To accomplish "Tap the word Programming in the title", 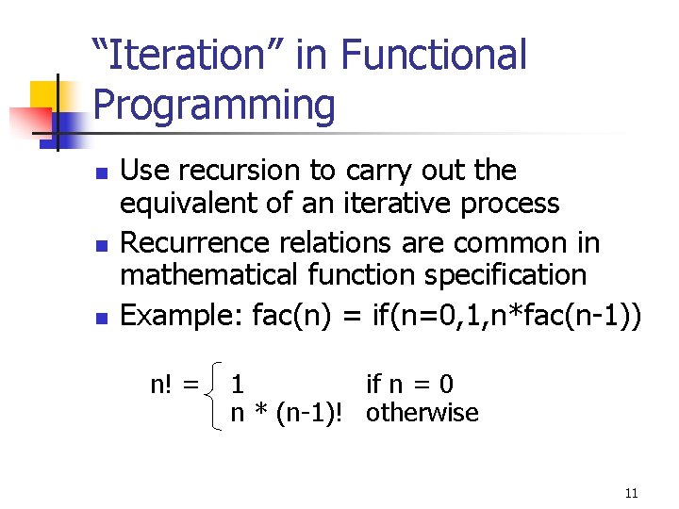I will coord(214,105).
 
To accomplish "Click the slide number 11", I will coord(631,493).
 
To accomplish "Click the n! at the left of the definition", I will coord(168,385).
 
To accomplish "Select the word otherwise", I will coord(422,413).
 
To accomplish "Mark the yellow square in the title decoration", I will coord(44,95).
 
